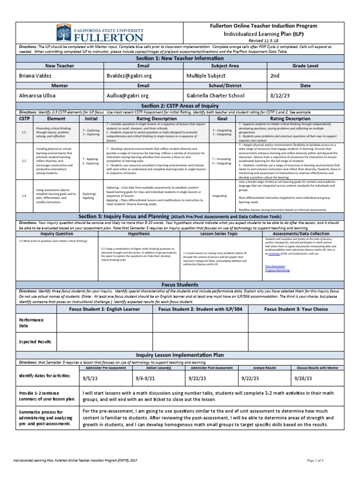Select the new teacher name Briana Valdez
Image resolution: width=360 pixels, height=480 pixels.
(36, 75)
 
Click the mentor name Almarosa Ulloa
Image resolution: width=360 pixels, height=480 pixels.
(38, 95)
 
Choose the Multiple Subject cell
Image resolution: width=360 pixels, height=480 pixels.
(206, 75)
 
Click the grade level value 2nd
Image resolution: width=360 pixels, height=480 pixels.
(275, 75)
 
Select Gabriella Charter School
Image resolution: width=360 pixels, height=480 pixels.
(217, 95)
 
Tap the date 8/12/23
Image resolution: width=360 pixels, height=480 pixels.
(281, 95)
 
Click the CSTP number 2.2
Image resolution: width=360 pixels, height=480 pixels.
(24, 161)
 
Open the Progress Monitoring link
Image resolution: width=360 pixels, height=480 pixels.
(277, 270)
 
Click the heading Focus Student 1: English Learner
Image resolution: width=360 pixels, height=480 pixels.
(105, 309)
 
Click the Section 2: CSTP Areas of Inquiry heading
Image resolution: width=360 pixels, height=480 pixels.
(180, 106)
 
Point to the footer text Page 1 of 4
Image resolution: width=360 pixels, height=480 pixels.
(328, 461)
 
